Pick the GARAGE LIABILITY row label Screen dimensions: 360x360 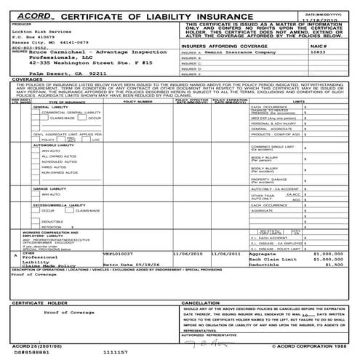(x=39, y=188)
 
